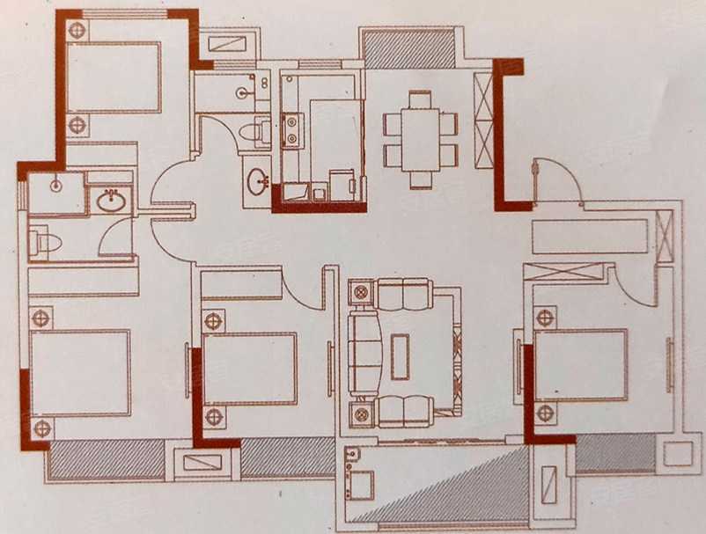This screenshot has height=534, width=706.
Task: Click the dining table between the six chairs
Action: pyautogui.click(x=420, y=138)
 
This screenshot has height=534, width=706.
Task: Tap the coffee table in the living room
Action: pyautogui.click(x=400, y=356)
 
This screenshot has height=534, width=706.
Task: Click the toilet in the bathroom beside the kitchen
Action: pyautogui.click(x=256, y=133)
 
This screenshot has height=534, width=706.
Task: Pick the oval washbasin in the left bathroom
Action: pyautogui.click(x=111, y=201)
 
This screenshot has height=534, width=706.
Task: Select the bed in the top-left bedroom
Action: pyautogui.click(x=114, y=77)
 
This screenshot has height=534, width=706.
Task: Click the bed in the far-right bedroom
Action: pyautogui.click(x=581, y=364)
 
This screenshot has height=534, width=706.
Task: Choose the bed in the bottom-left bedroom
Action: pyautogui.click(x=80, y=372)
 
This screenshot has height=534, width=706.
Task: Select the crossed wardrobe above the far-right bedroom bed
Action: pyautogui.click(x=564, y=272)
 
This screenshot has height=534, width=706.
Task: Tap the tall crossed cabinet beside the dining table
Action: pyautogui.click(x=483, y=120)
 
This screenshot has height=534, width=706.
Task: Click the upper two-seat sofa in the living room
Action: pyautogui.click(x=403, y=295)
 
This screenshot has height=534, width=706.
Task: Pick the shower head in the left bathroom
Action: pyautogui.click(x=55, y=186)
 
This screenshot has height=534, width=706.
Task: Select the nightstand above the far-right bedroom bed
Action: pyautogui.click(x=545, y=318)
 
